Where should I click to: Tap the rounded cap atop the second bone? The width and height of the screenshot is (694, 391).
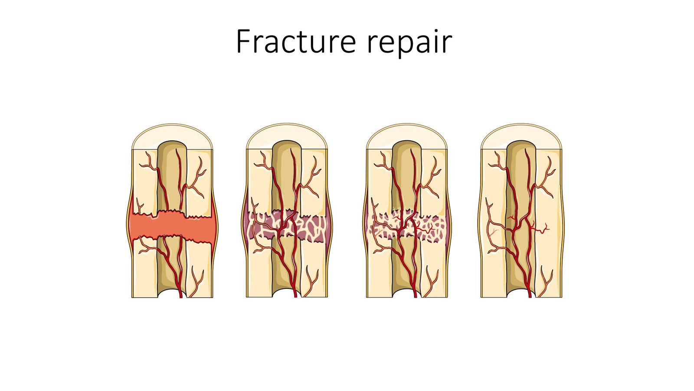[x=287, y=134]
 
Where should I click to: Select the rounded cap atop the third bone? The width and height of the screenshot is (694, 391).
[x=406, y=134]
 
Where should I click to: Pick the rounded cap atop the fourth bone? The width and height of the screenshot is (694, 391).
[x=521, y=134]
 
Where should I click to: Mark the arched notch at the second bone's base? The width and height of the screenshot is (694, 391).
[x=287, y=294]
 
